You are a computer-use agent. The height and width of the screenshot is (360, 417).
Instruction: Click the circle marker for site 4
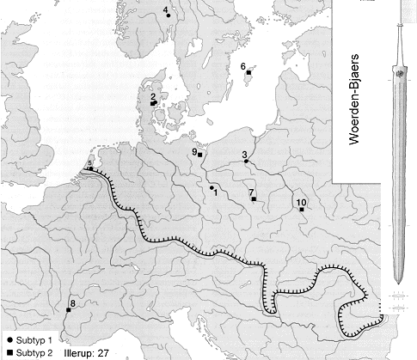168,15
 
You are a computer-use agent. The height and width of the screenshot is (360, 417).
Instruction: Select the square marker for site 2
152,104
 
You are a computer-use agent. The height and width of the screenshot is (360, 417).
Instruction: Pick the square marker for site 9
200,155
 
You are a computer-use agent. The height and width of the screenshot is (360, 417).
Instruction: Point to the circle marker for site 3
247,162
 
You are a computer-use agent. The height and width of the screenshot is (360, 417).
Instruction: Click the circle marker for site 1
212,186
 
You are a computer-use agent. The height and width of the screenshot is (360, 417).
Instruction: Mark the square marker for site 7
254,199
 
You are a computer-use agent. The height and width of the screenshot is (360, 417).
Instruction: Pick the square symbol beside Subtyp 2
8,352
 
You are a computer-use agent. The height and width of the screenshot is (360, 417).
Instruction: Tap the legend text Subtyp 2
32,352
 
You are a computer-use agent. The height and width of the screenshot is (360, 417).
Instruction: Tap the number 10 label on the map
300,202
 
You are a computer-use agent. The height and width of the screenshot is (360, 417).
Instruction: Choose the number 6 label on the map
244,66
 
